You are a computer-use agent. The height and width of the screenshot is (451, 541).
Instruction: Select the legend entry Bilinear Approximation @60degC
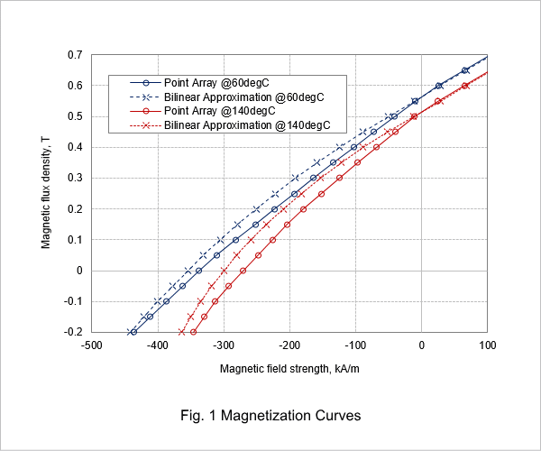tap(227, 97)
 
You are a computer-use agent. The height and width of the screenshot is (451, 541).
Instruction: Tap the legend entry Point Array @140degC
tap(203, 111)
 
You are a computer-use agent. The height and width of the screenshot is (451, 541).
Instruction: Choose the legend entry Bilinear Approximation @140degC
tap(230, 125)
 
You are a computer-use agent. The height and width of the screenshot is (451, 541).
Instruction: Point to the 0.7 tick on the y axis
tap(75, 55)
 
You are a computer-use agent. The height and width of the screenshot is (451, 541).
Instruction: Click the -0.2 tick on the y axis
tap(73, 332)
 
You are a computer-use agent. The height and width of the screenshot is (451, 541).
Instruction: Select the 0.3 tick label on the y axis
tap(75, 178)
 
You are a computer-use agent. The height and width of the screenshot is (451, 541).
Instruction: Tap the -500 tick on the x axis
tap(92, 345)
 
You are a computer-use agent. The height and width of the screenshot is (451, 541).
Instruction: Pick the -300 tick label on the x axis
tap(224, 345)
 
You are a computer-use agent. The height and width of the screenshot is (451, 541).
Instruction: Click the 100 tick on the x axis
tap(487, 345)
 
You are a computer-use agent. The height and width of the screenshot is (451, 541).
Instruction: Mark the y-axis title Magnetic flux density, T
tap(46, 192)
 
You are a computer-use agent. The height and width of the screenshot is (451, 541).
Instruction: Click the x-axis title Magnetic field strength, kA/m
tap(289, 369)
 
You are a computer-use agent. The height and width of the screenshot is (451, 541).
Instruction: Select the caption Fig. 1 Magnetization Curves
tap(270, 415)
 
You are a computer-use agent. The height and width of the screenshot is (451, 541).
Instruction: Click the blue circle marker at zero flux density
tap(198, 271)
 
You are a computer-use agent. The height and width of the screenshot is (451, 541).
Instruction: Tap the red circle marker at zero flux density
tap(243, 271)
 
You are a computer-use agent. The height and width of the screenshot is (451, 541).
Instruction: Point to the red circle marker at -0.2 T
tap(193, 332)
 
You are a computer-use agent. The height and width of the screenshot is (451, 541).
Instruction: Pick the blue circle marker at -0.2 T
tap(133, 332)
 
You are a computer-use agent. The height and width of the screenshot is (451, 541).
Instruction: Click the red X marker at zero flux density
tap(224, 271)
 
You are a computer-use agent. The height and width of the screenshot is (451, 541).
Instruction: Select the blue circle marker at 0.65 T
tap(464, 70)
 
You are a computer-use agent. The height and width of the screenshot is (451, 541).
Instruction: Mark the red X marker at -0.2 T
tap(182, 332)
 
